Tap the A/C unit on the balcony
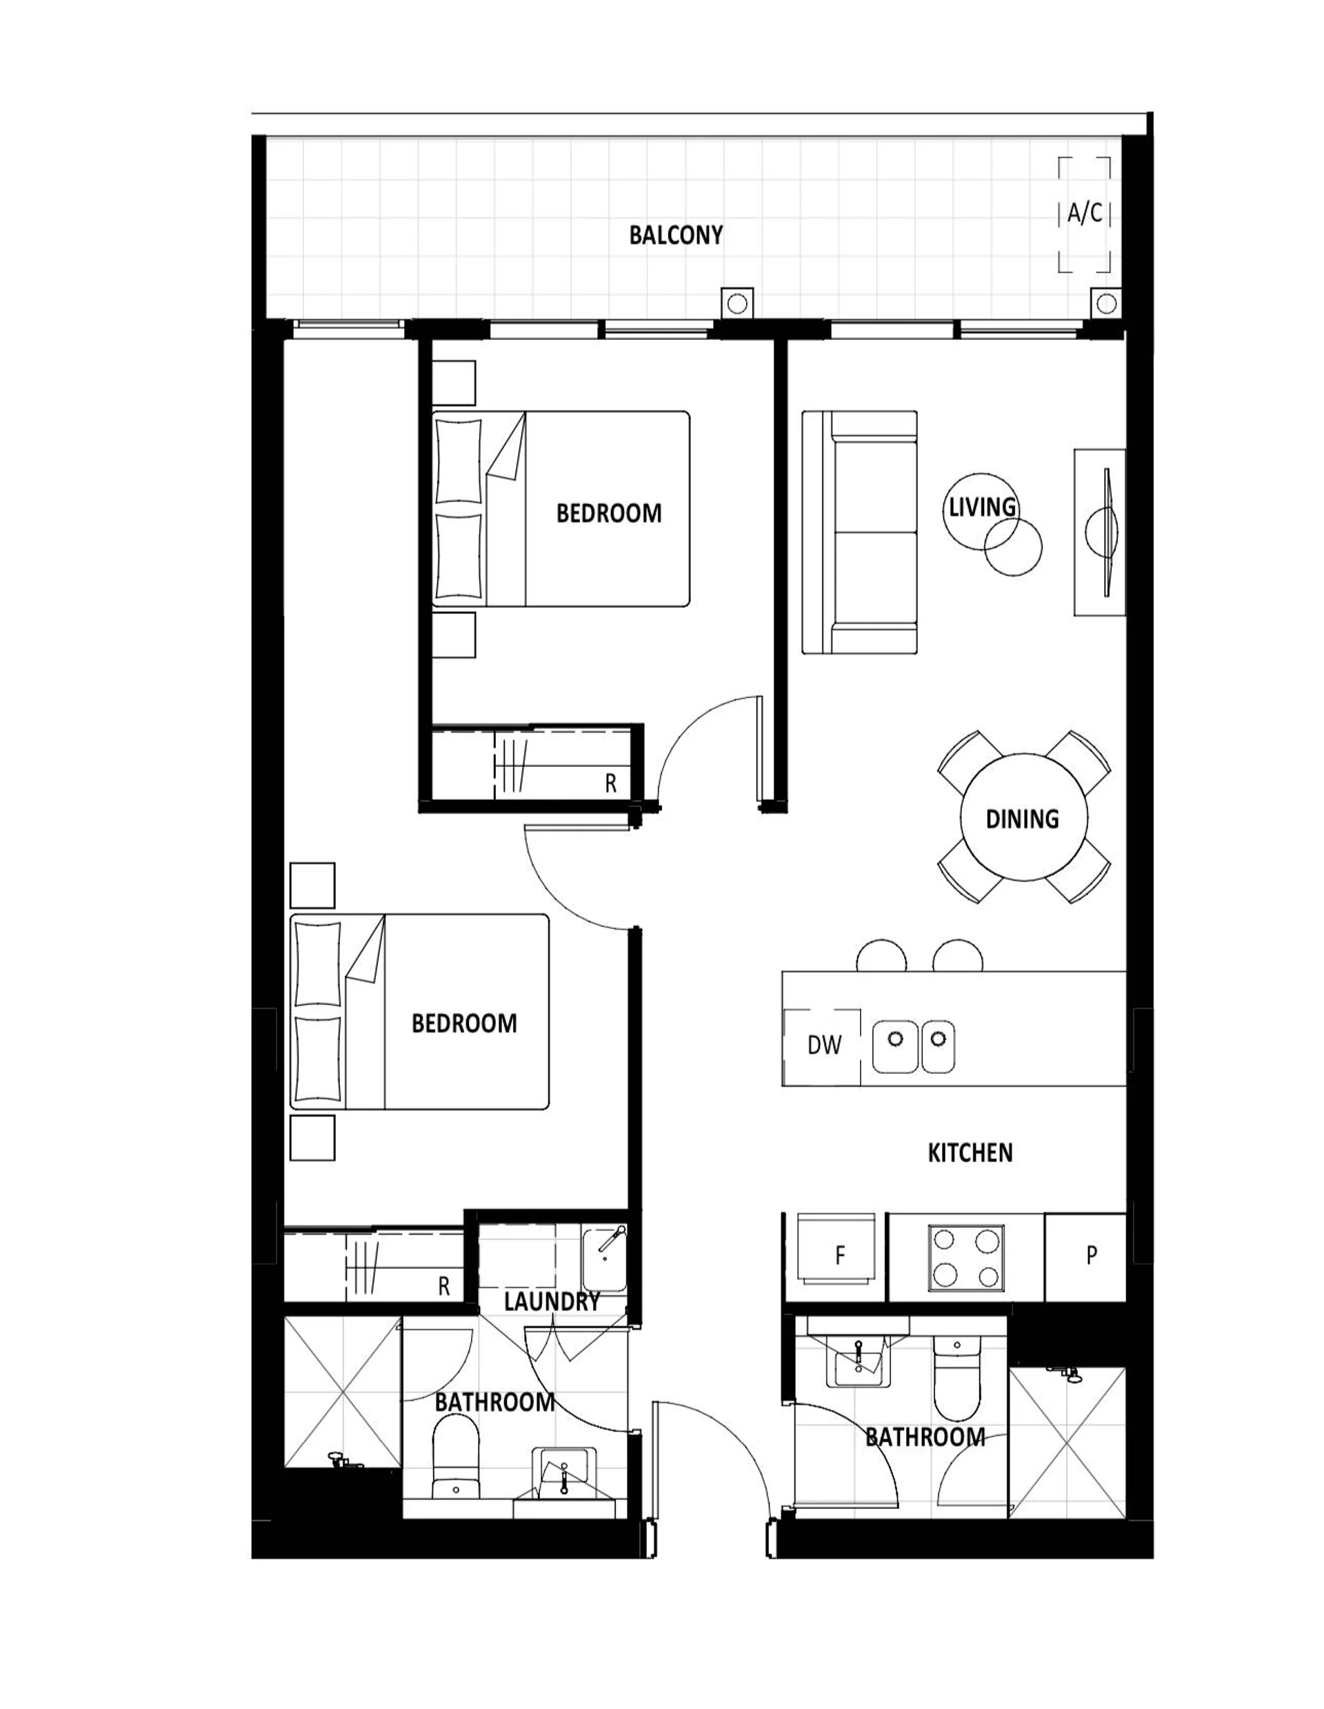[x=1084, y=214]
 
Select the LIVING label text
[x=982, y=507]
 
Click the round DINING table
[x=1023, y=817]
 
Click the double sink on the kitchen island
[x=914, y=1046]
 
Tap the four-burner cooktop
[x=966, y=1258]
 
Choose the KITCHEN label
[x=970, y=1152]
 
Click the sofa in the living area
[x=859, y=532]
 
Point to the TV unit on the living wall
[x=1099, y=532]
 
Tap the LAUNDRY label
[x=552, y=1301]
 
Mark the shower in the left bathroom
[x=343, y=1392]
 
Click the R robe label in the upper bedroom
[x=610, y=783]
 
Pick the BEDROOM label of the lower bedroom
[x=464, y=1023]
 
